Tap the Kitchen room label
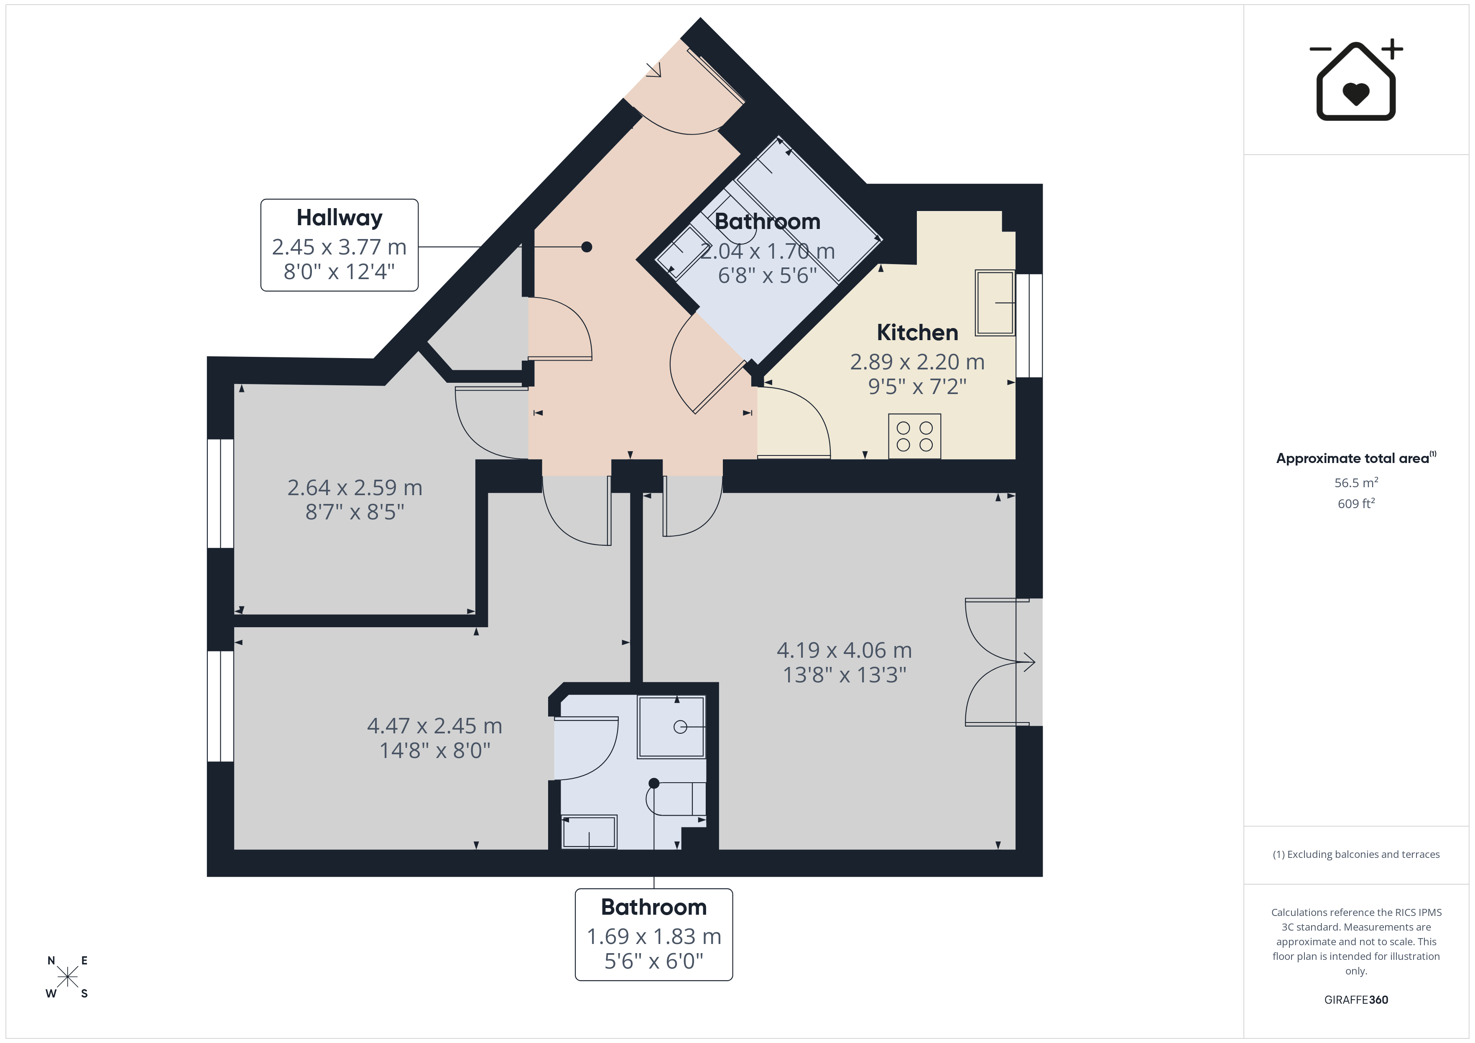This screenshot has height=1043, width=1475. pos(917,333)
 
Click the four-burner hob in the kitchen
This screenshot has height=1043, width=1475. pos(915,437)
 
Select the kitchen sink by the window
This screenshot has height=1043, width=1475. pos(995,303)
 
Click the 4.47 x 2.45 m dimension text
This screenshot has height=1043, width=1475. pos(434,726)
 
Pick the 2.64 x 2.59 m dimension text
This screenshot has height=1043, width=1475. pos(355,488)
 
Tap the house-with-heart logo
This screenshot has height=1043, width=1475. pos(1356,80)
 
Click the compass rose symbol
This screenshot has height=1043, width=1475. pos(67,977)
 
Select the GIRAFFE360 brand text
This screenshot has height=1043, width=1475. pos(1356,1000)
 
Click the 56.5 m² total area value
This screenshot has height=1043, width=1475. pos(1356,482)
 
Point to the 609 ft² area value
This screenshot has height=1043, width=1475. pos(1356,504)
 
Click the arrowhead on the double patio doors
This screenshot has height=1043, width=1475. pos(1029,662)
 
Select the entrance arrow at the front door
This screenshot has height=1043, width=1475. pos(654,70)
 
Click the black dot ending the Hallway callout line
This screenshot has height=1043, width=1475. pos(587,247)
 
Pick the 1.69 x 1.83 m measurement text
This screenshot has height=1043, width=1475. pos(654,937)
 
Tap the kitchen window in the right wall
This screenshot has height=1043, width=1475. pos(1029,326)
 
